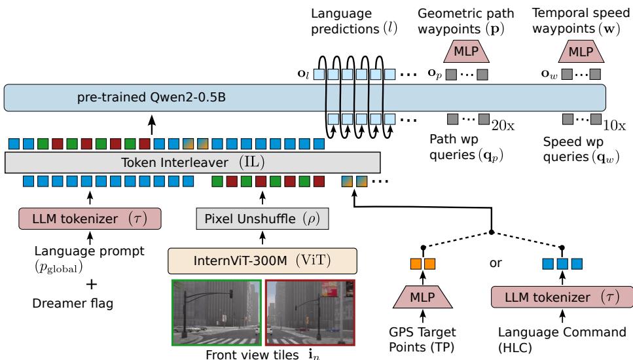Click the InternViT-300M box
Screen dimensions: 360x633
(x=262, y=259)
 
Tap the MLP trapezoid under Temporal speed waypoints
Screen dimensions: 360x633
(x=582, y=52)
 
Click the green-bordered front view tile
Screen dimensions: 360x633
(x=216, y=312)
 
